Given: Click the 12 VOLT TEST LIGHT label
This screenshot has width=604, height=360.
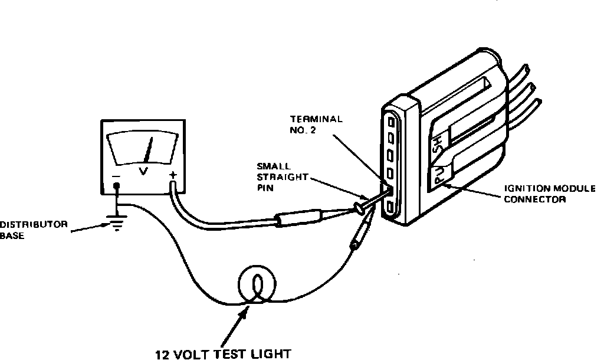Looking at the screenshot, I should [223, 354].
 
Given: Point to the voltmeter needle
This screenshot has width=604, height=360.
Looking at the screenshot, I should [149, 150].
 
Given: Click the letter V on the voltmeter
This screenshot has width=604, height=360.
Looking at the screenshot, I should [143, 171].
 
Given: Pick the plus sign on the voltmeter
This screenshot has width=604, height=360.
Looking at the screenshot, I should [173, 175].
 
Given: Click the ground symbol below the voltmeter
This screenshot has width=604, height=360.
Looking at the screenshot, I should [118, 223].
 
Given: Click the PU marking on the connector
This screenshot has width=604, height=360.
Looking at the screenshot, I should [439, 175].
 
